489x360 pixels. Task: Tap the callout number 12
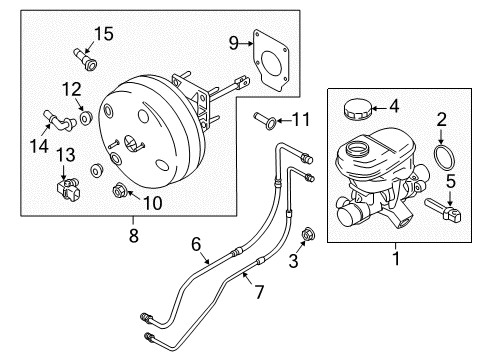(x=69, y=89)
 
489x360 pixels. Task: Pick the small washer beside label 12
(x=85, y=118)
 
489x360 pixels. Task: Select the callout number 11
(x=301, y=122)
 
